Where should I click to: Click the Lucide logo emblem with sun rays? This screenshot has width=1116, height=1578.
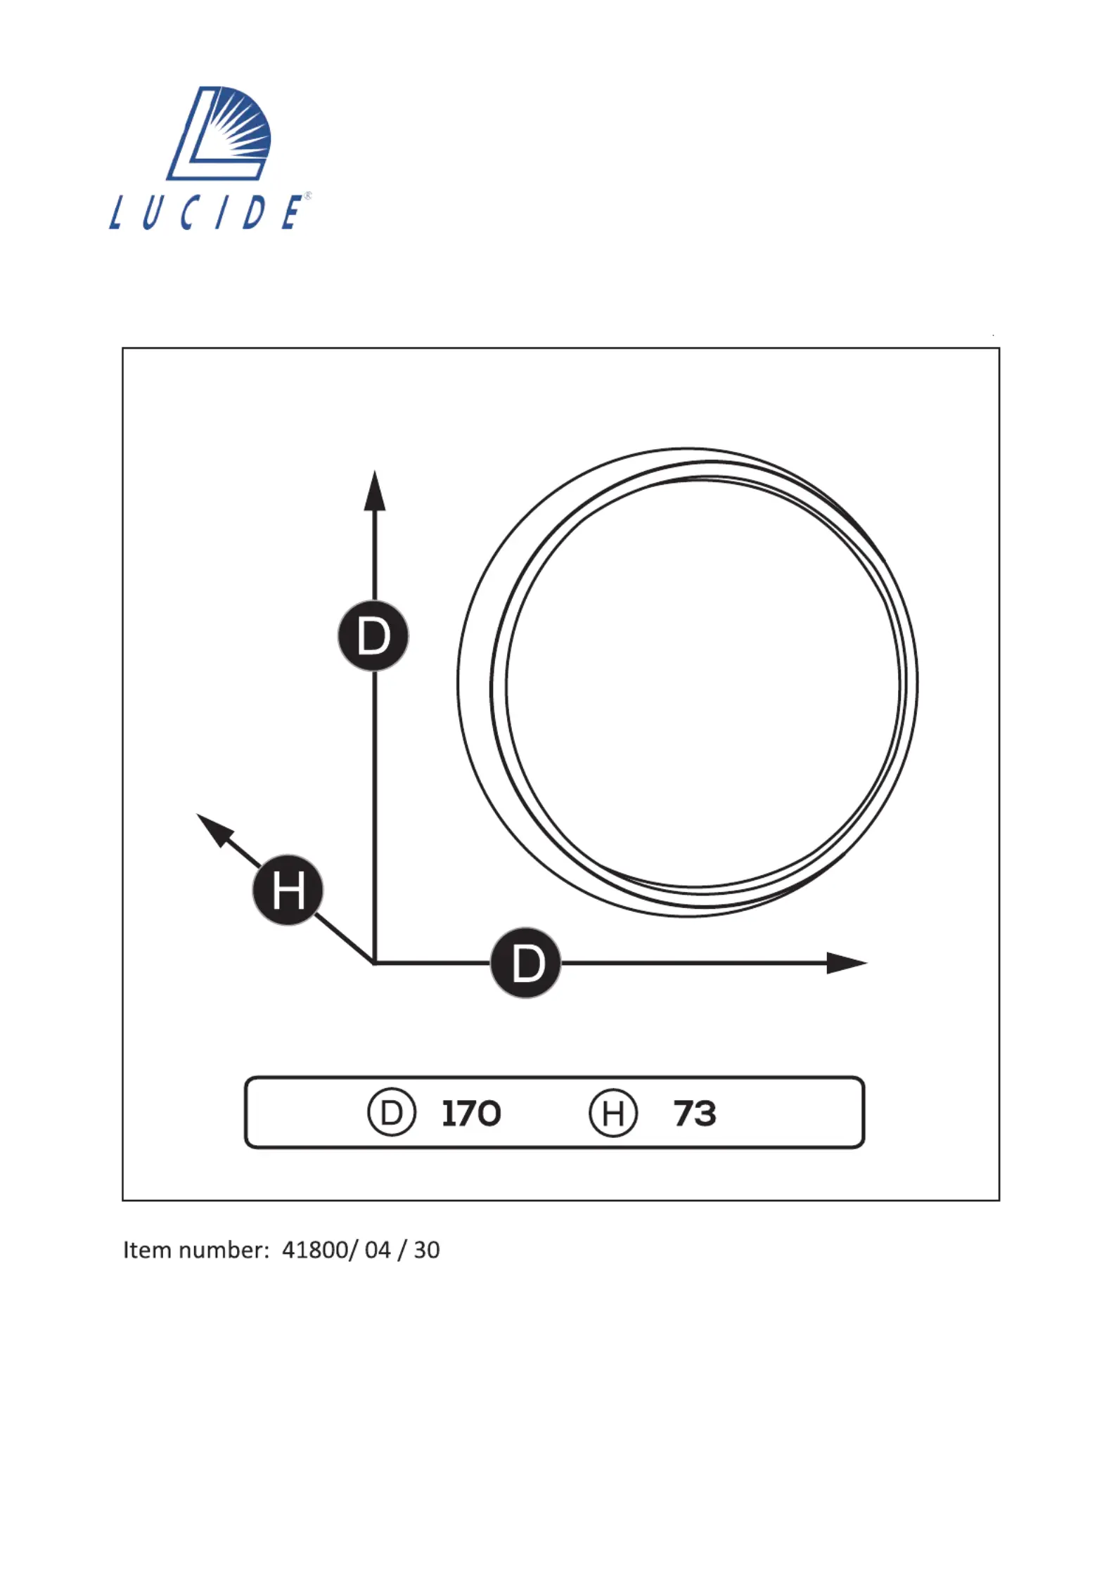pos(219,133)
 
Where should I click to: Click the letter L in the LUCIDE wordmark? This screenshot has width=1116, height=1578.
pos(117,212)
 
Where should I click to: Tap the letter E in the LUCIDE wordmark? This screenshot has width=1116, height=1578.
pos(292,212)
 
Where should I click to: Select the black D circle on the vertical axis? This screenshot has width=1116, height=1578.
pos(373,636)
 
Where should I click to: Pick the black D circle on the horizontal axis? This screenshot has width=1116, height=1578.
pos(526,962)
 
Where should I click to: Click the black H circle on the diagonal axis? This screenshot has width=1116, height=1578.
pos(288,890)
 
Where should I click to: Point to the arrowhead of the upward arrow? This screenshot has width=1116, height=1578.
pos(375,491)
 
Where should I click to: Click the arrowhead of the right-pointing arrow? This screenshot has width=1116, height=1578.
pos(847,962)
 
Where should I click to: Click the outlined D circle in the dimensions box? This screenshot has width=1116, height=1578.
pos(392,1113)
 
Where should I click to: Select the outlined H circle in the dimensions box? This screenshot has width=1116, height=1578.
pos(613,1113)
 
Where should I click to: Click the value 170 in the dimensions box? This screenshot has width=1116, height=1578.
pos(471,1113)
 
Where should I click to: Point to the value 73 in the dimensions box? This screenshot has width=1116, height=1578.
pos(695,1113)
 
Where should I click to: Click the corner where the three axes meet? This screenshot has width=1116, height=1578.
pos(374,962)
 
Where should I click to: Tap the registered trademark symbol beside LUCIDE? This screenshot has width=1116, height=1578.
pos(307,196)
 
